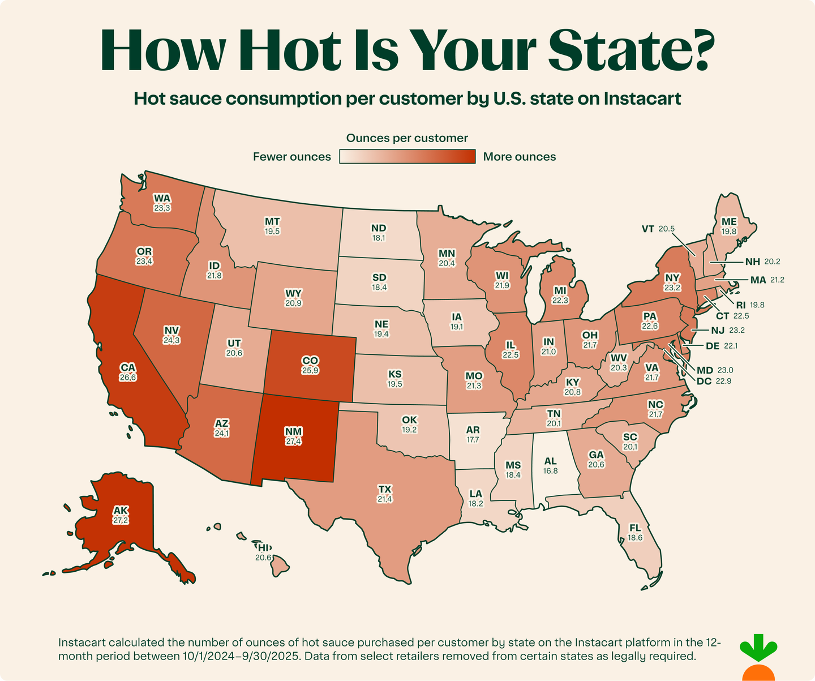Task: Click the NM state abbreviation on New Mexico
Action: [293, 432]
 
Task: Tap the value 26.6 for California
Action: [128, 378]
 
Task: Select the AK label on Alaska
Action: [121, 511]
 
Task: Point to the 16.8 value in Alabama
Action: [550, 471]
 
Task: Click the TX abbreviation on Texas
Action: [385, 489]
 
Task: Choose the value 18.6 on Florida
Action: [635, 538]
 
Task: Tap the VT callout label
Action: [648, 229]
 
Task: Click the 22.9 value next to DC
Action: [723, 381]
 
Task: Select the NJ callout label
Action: [717, 330]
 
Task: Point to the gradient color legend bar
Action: [407, 157]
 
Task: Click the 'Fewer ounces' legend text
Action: [292, 157]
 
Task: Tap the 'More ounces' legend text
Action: [519, 157]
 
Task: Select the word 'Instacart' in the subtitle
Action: [642, 98]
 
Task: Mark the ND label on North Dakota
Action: [379, 228]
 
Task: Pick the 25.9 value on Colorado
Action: [310, 371]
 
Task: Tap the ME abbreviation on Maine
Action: [729, 222]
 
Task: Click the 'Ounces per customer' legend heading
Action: [407, 138]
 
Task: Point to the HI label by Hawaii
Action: [264, 547]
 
